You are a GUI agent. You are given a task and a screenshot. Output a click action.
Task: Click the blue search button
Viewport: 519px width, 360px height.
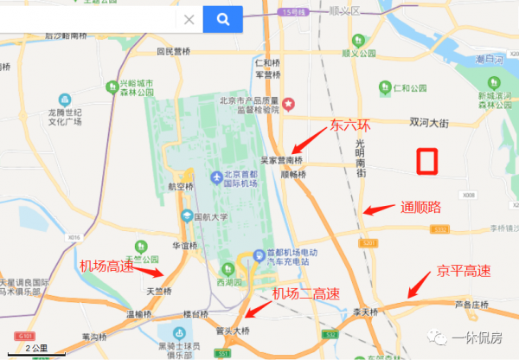point(222,19)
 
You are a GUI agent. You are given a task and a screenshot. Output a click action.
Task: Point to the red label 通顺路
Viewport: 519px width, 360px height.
point(420,208)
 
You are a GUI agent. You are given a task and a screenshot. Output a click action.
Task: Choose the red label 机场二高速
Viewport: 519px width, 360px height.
point(303,294)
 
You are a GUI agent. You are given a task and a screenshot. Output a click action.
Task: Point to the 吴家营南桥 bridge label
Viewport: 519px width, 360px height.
point(283,160)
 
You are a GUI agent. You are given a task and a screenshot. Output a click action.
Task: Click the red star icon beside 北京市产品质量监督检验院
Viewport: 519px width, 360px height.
point(291,106)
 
